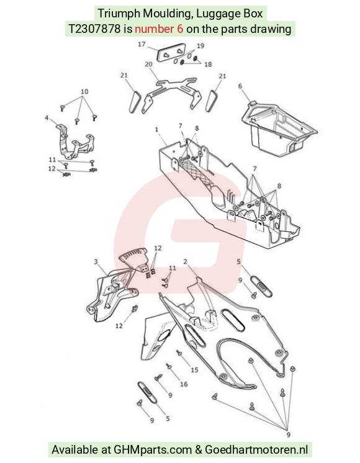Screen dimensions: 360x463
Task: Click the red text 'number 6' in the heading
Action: point(159,29)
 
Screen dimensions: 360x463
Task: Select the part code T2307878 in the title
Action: point(94,29)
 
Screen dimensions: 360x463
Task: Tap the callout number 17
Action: point(142,44)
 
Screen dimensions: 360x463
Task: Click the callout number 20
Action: point(148,64)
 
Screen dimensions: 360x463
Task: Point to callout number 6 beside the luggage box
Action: point(240,86)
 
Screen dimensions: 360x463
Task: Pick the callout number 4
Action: point(47,118)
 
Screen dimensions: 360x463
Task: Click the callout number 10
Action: point(84,91)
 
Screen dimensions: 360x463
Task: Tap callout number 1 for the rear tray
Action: point(156,129)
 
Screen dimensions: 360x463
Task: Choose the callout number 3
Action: point(96,262)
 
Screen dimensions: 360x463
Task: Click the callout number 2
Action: point(185,262)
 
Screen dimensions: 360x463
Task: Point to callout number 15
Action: point(194,370)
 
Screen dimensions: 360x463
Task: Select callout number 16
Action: point(184,384)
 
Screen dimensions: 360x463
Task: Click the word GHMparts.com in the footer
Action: point(153,449)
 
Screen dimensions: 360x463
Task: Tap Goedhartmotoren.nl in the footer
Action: point(256,449)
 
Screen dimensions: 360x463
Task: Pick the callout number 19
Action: point(200,46)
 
